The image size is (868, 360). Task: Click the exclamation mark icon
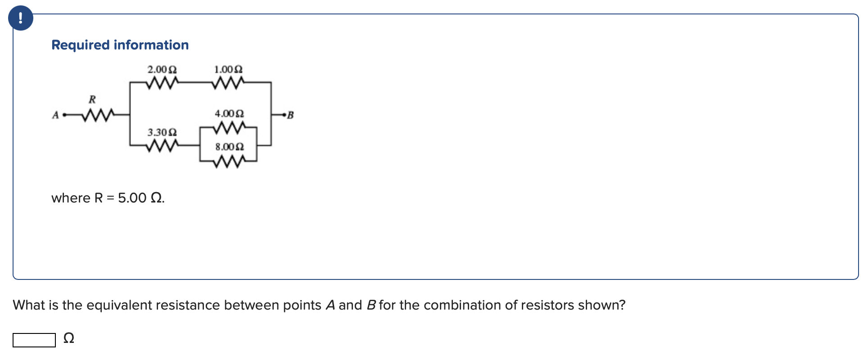[20, 18]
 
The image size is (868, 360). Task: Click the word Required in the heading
[81, 45]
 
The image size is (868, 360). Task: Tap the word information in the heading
[151, 45]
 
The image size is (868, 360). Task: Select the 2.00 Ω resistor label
[162, 70]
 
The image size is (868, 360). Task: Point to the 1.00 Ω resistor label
[228, 70]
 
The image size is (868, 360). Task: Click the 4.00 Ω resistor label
[229, 113]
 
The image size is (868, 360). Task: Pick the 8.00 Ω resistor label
[229, 147]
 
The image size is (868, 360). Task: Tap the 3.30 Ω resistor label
[162, 132]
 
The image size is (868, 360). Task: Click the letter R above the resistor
[92, 99]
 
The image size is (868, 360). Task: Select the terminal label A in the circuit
[55, 115]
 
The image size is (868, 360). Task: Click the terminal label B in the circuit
[290, 115]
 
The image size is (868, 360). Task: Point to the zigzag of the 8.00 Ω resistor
[229, 161]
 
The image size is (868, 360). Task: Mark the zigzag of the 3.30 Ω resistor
[162, 145]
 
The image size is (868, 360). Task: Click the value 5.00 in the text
[132, 198]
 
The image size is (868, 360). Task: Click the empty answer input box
[34, 340]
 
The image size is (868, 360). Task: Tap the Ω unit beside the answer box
[69, 338]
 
